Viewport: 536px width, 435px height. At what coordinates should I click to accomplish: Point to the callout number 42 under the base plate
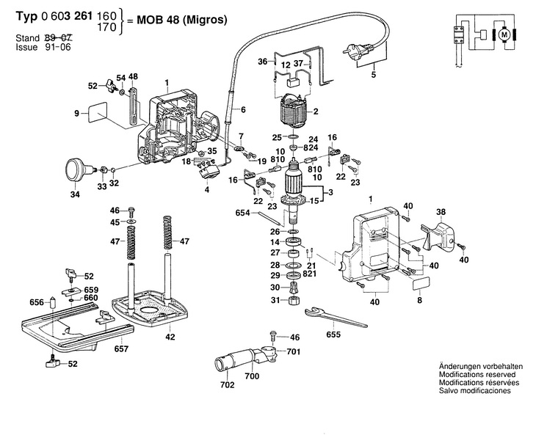coord(170,337)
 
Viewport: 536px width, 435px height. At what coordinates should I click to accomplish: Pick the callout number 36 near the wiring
coord(262,62)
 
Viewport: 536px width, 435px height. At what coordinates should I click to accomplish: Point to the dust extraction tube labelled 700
coord(242,359)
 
